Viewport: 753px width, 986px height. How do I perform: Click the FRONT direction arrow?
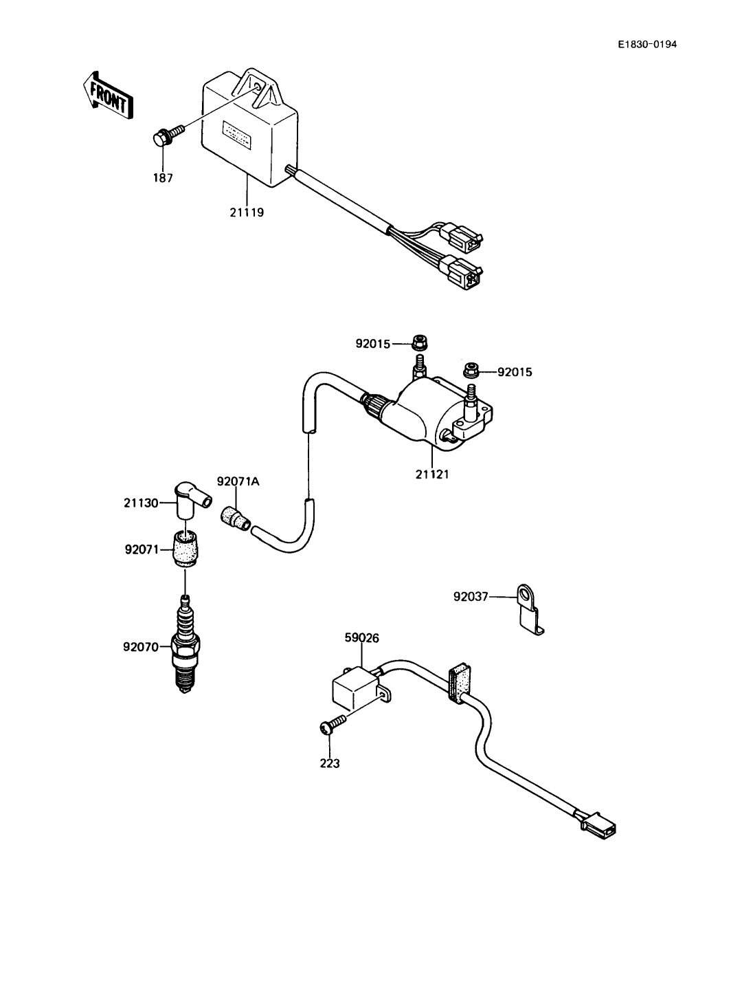tap(108, 96)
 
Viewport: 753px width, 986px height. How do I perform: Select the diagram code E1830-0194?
tap(647, 45)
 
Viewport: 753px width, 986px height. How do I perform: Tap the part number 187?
tap(162, 178)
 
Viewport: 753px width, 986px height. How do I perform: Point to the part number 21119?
tap(247, 212)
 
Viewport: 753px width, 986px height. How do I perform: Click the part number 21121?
tap(431, 474)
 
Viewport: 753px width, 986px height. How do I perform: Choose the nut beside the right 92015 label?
tap(471, 370)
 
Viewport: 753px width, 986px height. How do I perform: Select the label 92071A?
tap(238, 482)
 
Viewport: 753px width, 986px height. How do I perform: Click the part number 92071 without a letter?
tap(142, 549)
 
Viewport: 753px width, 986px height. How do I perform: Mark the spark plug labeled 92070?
tap(185, 644)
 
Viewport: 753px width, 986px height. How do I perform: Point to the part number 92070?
tap(141, 647)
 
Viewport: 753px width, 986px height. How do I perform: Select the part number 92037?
tap(471, 597)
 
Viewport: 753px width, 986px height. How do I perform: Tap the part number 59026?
tap(361, 637)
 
